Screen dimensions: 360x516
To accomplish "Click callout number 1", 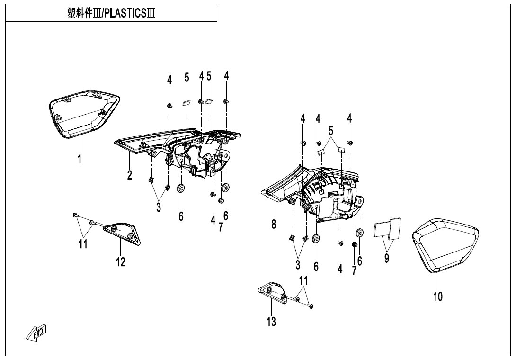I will pyautogui.click(x=80, y=159).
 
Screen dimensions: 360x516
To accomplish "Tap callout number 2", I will pyautogui.click(x=129, y=175).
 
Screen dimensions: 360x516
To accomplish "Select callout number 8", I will pyautogui.click(x=274, y=224).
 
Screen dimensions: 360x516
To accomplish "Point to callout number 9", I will pyautogui.click(x=387, y=258).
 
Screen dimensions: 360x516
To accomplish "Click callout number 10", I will pyautogui.click(x=438, y=297).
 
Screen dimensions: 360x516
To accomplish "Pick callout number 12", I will pyautogui.click(x=121, y=261).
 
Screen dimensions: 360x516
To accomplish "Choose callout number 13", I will pyautogui.click(x=271, y=322).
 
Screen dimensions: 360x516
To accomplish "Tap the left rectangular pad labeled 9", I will pyautogui.click(x=381, y=229).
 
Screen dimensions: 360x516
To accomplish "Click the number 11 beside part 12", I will pyautogui.click(x=83, y=244).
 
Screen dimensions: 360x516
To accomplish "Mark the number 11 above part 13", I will pyautogui.click(x=303, y=280).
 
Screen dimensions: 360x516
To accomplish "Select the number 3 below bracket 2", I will pyautogui.click(x=159, y=207).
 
